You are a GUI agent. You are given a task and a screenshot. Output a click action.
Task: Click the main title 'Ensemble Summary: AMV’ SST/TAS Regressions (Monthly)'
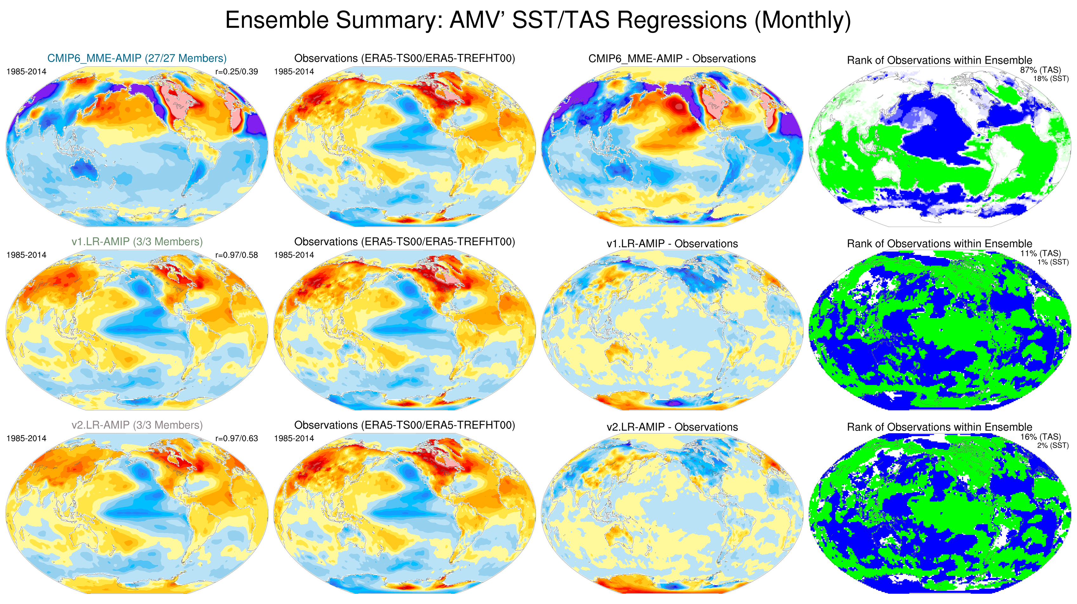point(538,20)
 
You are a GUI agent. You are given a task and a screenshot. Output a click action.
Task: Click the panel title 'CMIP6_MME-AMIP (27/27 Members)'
point(137,58)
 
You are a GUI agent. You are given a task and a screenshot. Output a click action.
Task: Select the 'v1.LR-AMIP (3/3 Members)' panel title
point(137,242)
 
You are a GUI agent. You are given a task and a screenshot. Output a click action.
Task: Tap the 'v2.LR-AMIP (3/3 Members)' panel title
point(137,425)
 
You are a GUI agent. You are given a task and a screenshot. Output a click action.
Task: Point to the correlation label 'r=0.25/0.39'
point(236,71)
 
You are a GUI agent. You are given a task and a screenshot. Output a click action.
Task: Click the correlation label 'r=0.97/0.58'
point(236,255)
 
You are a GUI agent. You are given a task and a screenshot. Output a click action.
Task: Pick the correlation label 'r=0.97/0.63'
point(236,438)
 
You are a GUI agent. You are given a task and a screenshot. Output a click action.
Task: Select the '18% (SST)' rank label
point(1051,79)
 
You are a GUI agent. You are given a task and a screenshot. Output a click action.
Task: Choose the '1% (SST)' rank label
point(1053,262)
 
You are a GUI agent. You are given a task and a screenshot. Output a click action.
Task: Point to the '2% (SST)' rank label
point(1053,446)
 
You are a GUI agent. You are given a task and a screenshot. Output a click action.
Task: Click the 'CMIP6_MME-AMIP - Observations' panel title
point(672,58)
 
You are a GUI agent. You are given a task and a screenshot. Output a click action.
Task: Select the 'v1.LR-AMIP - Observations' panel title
point(672,244)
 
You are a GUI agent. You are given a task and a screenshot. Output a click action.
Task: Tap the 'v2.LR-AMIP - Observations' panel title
point(672,427)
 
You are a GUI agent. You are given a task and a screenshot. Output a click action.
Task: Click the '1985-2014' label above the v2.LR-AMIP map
point(26,438)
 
